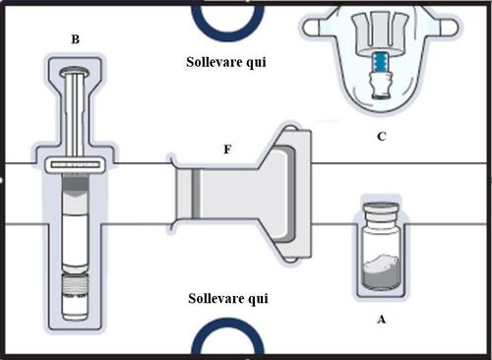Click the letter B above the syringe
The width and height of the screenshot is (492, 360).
click(x=75, y=39)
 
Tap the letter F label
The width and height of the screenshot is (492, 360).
click(x=227, y=150)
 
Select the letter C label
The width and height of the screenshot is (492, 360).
click(x=381, y=137)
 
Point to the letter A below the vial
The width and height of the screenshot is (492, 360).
click(x=381, y=319)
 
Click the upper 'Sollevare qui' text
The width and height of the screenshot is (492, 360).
click(x=226, y=62)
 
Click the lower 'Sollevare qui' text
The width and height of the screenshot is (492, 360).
click(x=228, y=299)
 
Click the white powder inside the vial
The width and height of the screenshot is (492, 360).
click(x=382, y=264)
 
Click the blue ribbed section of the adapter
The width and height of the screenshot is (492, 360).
click(x=380, y=62)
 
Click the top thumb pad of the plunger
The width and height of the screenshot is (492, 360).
click(x=75, y=71)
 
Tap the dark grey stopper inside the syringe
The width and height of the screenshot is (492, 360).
click(x=75, y=186)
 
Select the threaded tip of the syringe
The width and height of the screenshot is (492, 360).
click(x=75, y=284)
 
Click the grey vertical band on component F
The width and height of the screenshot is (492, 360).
click(x=196, y=194)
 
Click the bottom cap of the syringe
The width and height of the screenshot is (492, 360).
click(x=75, y=307)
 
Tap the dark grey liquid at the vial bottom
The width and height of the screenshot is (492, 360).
click(x=381, y=278)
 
